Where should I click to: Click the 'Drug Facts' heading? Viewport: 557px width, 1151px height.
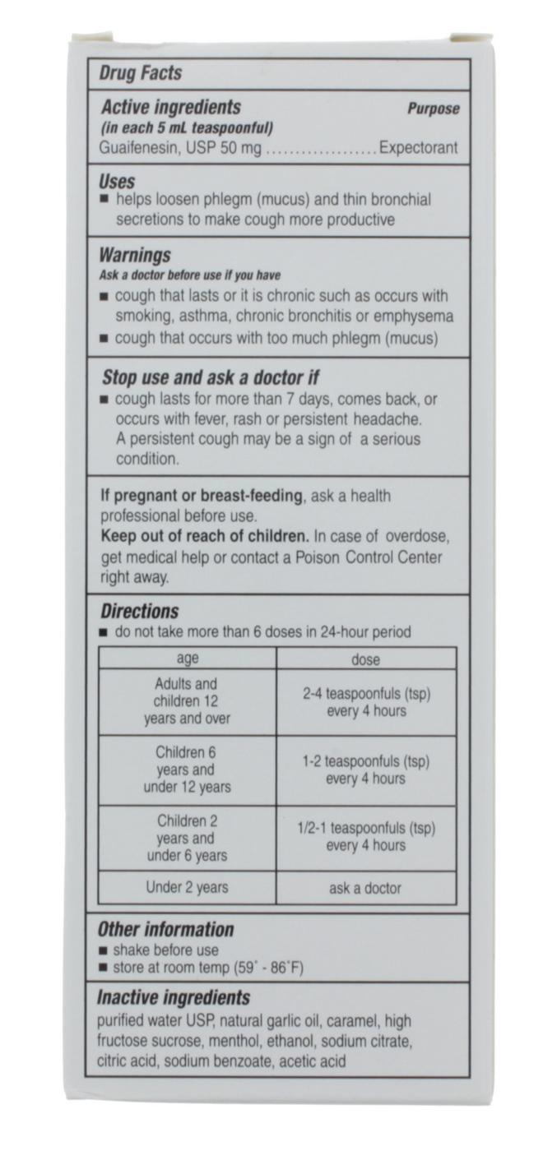point(140,73)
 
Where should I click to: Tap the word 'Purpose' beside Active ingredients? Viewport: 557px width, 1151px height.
point(433,109)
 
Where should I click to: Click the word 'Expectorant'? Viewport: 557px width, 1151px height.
point(418,149)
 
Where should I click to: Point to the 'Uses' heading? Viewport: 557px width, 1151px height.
point(117,181)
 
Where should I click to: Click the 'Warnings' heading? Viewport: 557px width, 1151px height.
point(135,255)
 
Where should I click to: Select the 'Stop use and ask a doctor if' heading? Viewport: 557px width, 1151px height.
point(210,378)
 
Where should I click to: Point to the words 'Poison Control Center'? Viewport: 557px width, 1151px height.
point(372,557)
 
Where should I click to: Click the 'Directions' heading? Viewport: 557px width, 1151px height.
point(139,612)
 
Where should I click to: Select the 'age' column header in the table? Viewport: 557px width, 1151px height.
point(188,659)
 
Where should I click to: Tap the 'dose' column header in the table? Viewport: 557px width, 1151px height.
point(366,659)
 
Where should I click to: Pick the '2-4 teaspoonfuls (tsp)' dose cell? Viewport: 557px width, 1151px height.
point(366,694)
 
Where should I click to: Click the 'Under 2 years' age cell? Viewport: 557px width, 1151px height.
point(188,888)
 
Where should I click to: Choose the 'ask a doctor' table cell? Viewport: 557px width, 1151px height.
point(366,888)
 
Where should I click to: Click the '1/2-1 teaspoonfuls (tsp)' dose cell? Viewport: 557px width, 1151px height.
point(366,828)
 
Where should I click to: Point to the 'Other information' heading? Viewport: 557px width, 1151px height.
point(166,930)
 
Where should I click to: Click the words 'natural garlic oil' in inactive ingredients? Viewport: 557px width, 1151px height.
point(272,1021)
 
